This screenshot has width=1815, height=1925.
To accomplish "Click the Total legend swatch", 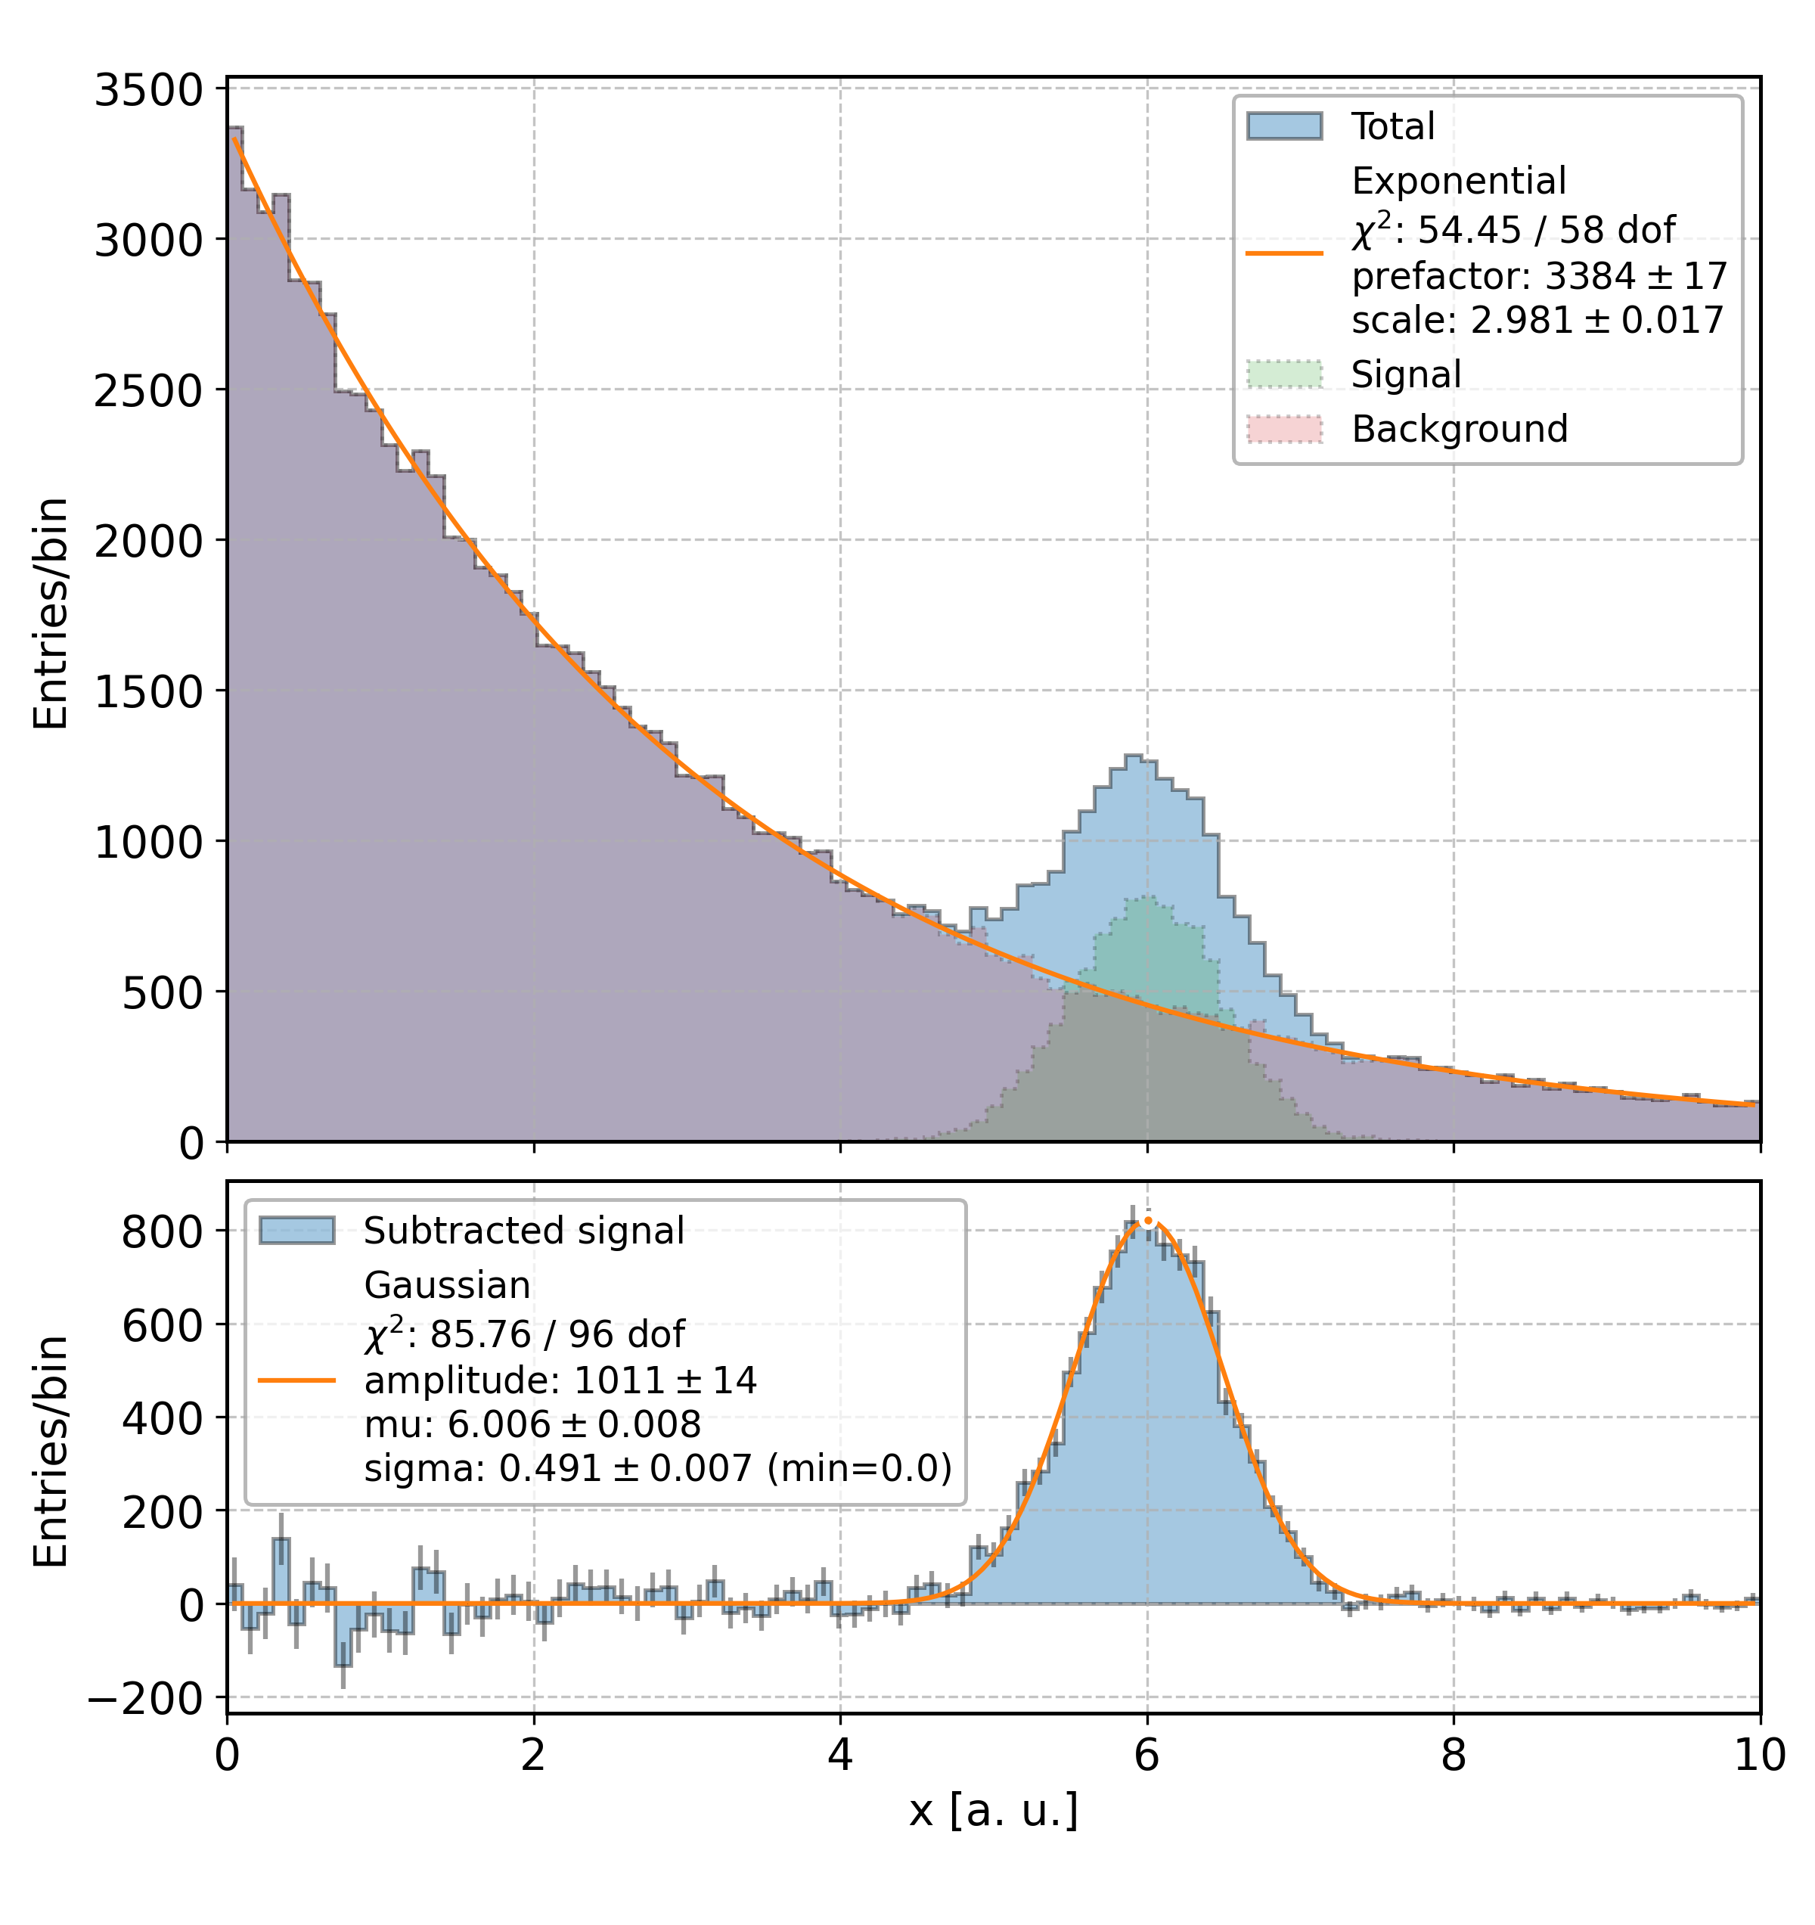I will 1283,126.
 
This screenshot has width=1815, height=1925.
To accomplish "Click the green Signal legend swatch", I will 1283,374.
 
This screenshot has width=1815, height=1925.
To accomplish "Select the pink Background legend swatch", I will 1283,428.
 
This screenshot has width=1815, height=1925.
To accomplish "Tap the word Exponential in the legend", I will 1458,181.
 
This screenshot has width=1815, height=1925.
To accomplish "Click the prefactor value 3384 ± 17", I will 1635,277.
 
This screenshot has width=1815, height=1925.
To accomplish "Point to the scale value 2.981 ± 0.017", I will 1597,319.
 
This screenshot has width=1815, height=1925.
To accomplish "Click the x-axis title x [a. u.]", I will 993,1811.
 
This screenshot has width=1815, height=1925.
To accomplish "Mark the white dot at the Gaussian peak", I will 1148,1222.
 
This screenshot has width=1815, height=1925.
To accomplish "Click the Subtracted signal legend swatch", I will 296,1231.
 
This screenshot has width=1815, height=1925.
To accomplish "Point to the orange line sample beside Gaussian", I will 296,1380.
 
